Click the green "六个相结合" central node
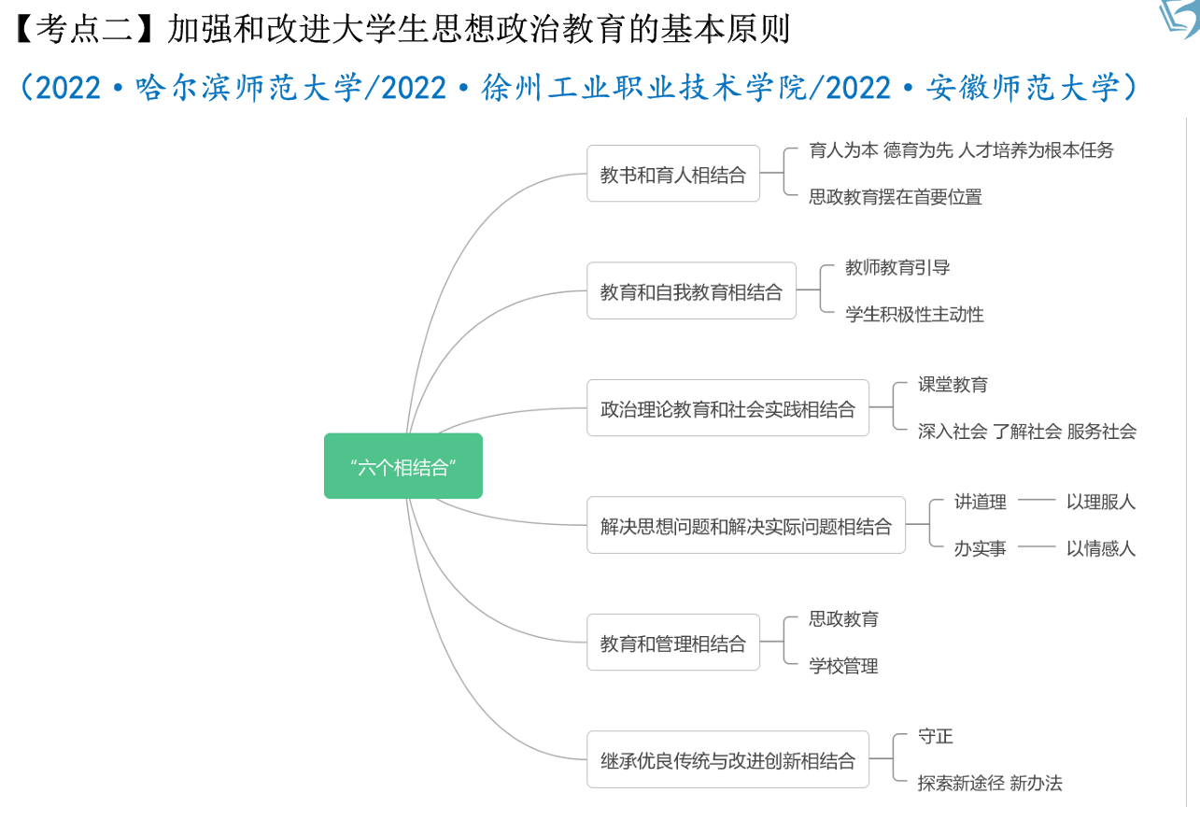click(x=403, y=466)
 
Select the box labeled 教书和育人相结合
click(x=672, y=174)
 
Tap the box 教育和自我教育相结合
click(x=691, y=291)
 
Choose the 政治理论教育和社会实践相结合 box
click(x=727, y=408)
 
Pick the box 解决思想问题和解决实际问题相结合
click(x=745, y=526)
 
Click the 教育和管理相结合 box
click(x=672, y=643)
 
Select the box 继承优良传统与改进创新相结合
click(x=727, y=760)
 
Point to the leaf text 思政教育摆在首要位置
click(x=895, y=196)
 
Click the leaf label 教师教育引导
click(x=897, y=268)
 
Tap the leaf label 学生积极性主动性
click(x=914, y=314)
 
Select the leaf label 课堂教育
click(x=953, y=385)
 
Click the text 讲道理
click(x=980, y=502)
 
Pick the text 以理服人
click(x=1101, y=502)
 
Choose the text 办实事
click(x=980, y=548)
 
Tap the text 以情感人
click(x=1101, y=548)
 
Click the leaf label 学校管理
click(x=843, y=666)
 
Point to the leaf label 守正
click(x=935, y=737)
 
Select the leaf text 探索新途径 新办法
click(x=989, y=783)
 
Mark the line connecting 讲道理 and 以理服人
click(x=1036, y=501)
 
